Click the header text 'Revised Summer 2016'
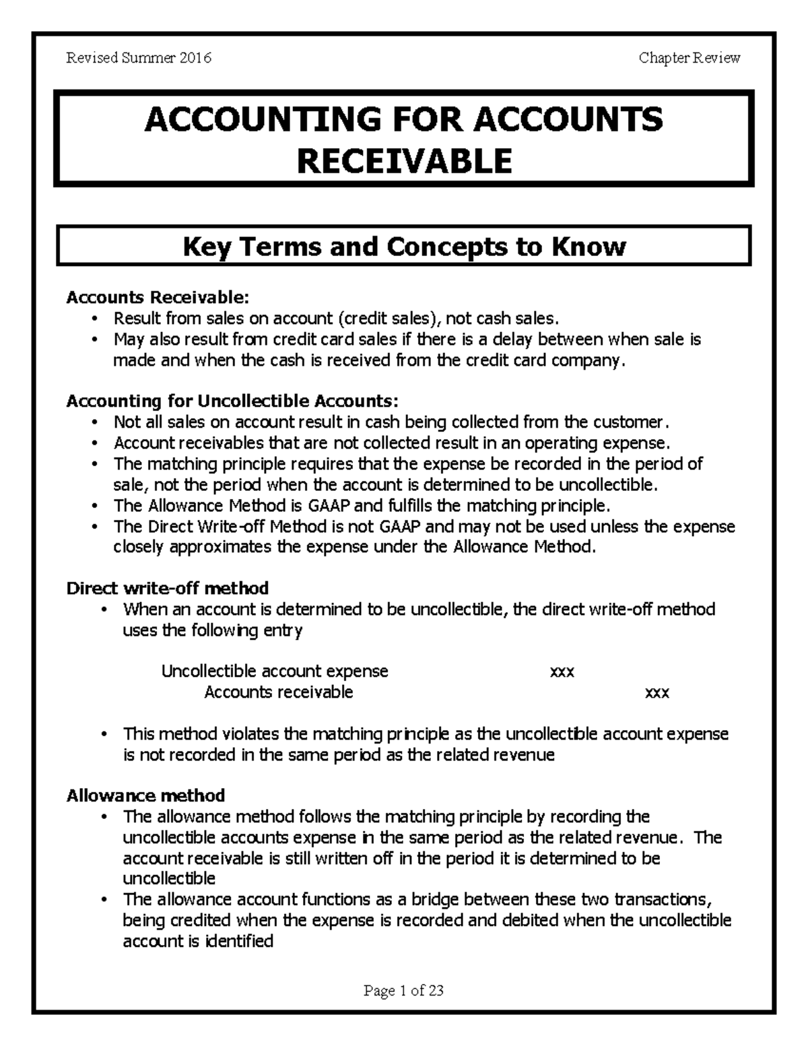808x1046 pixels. point(139,58)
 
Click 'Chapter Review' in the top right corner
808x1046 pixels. point(689,58)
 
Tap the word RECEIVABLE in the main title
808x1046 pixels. point(404,161)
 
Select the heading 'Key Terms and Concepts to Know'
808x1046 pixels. point(404,247)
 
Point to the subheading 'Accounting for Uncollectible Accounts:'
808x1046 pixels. point(232,401)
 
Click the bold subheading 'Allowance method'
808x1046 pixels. point(145,795)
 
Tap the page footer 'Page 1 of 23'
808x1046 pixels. point(403,990)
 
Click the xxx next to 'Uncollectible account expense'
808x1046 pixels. point(562,672)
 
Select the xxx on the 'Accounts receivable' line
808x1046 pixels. point(657,692)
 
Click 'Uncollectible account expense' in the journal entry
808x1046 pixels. point(275,672)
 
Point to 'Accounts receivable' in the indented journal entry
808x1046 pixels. point(278,692)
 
